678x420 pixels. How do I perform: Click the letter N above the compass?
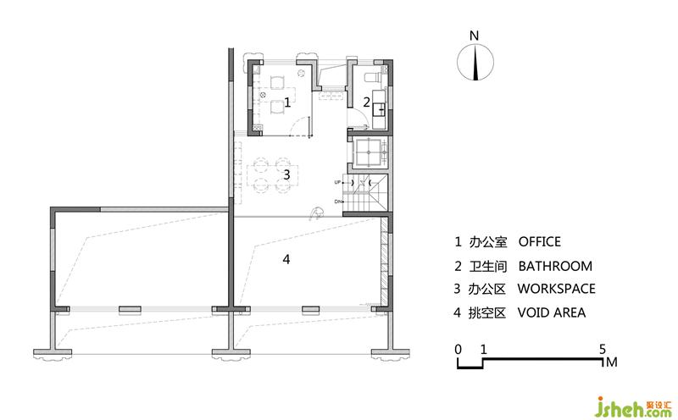click(x=475, y=36)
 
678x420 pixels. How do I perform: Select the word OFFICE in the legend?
click(x=540, y=241)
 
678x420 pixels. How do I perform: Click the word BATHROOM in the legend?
click(x=555, y=266)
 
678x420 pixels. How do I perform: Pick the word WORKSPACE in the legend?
click(x=557, y=289)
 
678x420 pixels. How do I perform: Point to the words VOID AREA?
click(x=552, y=312)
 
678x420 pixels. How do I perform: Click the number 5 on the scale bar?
click(x=603, y=349)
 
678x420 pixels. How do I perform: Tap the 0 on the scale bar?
click(x=458, y=349)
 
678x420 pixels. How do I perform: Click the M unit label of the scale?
click(x=611, y=362)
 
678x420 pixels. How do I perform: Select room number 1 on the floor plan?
click(x=287, y=102)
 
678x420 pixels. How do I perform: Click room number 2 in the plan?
click(x=367, y=102)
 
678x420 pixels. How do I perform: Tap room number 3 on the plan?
click(x=286, y=174)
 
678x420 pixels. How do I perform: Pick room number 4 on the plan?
click(x=286, y=259)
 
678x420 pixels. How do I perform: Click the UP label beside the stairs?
click(x=337, y=182)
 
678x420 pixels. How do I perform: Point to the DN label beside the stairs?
click(x=337, y=202)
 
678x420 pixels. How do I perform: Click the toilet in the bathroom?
click(x=374, y=77)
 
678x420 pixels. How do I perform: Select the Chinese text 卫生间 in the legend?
click(x=488, y=266)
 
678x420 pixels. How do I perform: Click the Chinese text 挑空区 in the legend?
click(x=486, y=312)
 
